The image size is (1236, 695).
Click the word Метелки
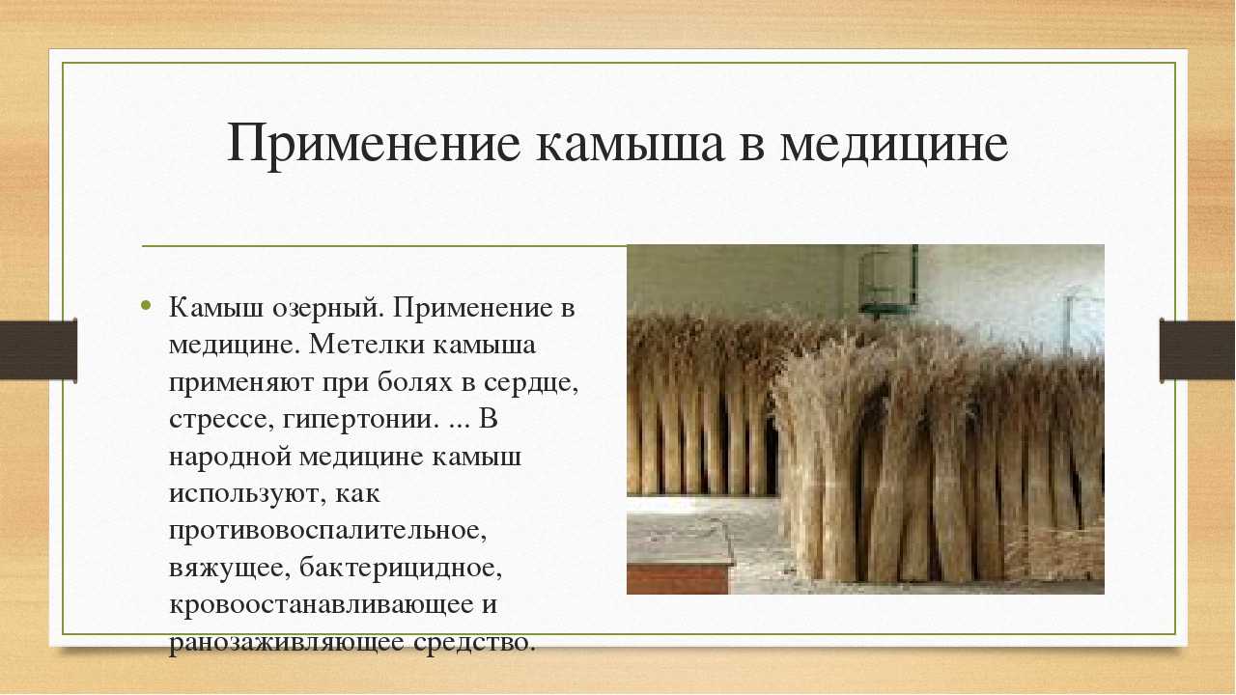pos(367,345)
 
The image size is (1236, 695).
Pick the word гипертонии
pos(358,420)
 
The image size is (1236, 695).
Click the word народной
pos(230,458)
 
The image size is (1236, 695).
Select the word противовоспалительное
pos(328,531)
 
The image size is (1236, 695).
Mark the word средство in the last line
pos(474,642)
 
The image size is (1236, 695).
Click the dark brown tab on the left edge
pos(38,350)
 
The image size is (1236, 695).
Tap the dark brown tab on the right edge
pos(1196,350)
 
